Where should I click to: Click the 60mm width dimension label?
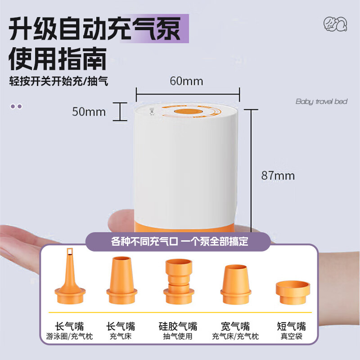pyautogui.click(x=186, y=81)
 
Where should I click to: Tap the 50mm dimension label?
pyautogui.click(x=89, y=112)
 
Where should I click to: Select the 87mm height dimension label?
pyautogui.click(x=278, y=175)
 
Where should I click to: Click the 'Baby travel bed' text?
pyautogui.click(x=321, y=102)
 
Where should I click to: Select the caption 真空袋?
pyautogui.click(x=291, y=336)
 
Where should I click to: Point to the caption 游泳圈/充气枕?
pyautogui.click(x=70, y=336)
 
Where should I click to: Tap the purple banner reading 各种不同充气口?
pyautogui.click(x=180, y=242)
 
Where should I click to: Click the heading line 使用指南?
pyautogui.click(x=58, y=59)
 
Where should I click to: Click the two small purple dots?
pyautogui.click(x=16, y=107)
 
